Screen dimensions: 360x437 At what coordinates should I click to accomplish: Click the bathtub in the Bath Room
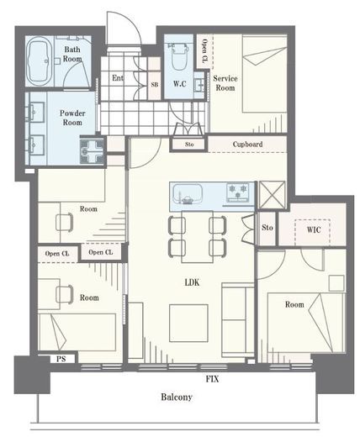[40, 61]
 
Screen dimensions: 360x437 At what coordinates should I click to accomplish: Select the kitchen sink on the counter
[188, 193]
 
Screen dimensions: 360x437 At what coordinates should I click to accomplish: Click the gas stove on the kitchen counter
[238, 192]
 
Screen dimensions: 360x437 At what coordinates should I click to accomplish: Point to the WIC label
[314, 229]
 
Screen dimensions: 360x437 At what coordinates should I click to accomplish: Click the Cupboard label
[247, 145]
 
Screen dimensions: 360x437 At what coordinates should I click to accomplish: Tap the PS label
[61, 359]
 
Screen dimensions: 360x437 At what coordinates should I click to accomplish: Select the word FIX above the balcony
[212, 379]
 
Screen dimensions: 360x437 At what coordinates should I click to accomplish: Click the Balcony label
[177, 397]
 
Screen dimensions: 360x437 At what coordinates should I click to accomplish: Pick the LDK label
[193, 282]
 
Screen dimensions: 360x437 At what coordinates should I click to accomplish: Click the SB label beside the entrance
[155, 84]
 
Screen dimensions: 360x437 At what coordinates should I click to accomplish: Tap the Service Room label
[225, 83]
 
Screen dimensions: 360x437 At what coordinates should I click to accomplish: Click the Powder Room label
[72, 118]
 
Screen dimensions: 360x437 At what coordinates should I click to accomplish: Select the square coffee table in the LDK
[188, 323]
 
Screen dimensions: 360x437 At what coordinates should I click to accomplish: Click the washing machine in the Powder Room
[92, 151]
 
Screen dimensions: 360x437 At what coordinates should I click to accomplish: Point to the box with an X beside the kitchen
[272, 195]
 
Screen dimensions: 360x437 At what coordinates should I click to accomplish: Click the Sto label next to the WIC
[267, 228]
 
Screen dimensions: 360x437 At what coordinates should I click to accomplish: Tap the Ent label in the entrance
[118, 77]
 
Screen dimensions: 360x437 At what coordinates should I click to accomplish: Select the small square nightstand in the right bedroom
[336, 283]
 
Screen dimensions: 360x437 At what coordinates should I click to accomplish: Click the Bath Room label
[72, 54]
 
